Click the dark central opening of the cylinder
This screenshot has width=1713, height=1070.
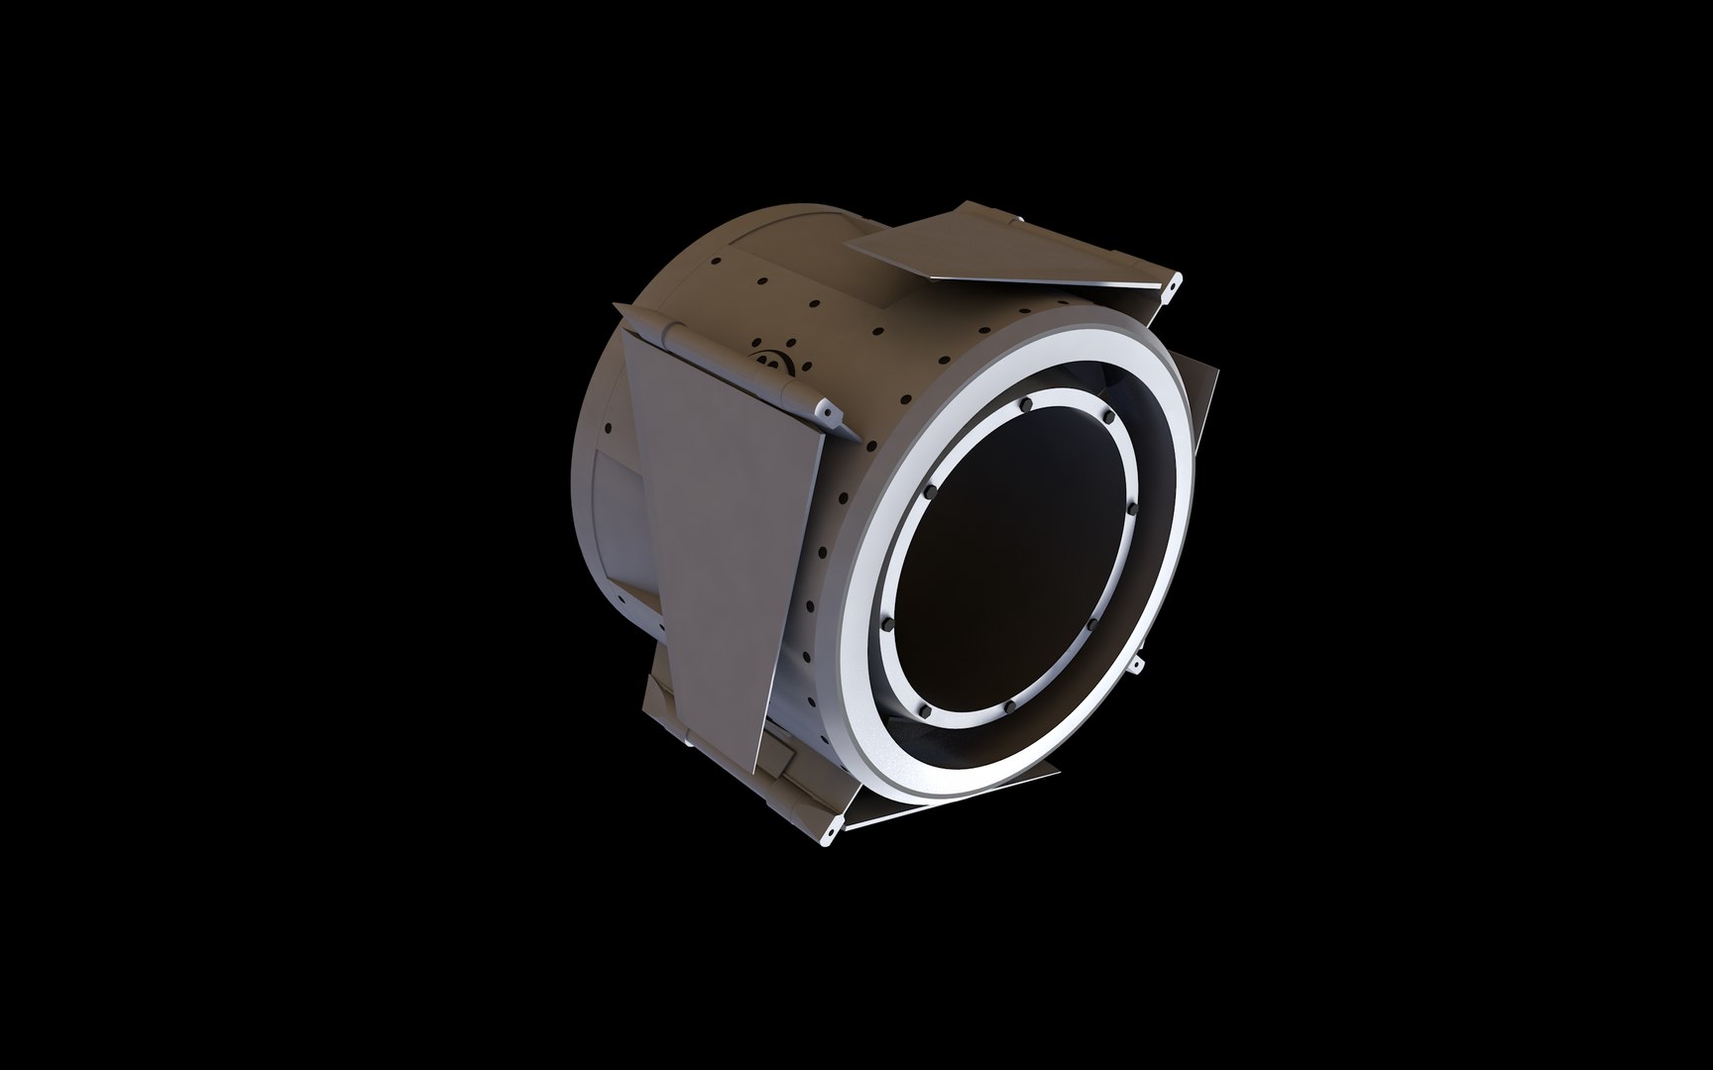[1011, 555]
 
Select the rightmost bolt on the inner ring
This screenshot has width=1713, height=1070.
[1132, 509]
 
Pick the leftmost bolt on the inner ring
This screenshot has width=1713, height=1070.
[885, 624]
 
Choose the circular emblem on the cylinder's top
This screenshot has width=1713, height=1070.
[769, 361]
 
